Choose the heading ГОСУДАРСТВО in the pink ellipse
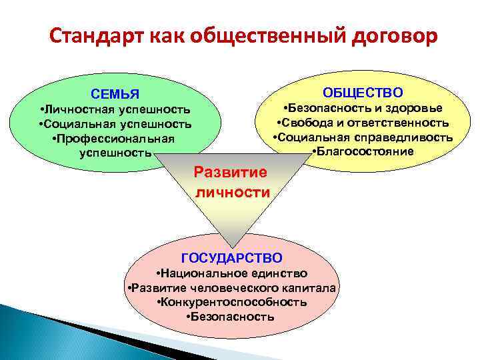point(231,257)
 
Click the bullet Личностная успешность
point(115,109)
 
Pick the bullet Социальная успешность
point(115,124)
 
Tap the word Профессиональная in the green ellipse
point(115,139)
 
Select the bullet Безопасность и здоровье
point(363,108)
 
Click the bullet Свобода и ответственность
point(363,123)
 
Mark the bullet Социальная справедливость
point(363,137)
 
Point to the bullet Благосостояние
point(363,152)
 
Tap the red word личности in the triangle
point(232,193)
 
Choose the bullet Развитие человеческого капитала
point(231,288)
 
